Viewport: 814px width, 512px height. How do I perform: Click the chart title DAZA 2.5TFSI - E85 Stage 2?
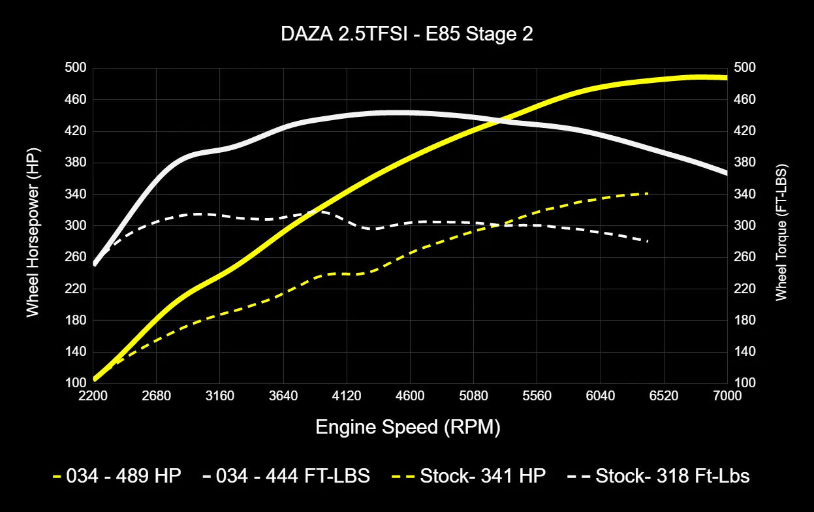coord(407,35)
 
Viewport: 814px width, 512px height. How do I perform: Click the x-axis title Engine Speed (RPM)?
coord(407,428)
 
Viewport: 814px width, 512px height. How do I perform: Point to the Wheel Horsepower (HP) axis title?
coord(33,225)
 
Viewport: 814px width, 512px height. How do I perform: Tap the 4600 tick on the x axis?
coord(410,396)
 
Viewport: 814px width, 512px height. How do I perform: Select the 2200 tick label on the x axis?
coord(93,396)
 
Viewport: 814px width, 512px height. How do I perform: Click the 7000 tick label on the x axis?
coord(727,396)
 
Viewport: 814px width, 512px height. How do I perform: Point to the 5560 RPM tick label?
coord(537,396)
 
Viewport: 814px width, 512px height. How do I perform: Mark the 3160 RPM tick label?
coord(219,396)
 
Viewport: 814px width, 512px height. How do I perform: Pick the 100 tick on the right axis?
coord(745,383)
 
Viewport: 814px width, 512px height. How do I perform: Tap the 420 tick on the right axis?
coord(745,131)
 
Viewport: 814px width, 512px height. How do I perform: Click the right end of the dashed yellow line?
coord(648,193)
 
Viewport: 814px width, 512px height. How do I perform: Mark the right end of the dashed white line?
coord(648,241)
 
